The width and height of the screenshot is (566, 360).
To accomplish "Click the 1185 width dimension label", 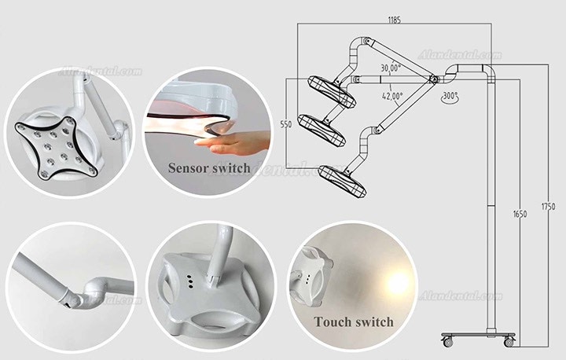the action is [x=394, y=20].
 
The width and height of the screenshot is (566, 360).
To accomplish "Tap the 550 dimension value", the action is [x=286, y=124].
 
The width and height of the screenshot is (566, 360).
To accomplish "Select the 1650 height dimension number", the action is [x=520, y=214].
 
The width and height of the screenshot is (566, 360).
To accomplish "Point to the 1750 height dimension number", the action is [x=549, y=207].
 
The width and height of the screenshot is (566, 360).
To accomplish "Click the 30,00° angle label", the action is [x=391, y=68].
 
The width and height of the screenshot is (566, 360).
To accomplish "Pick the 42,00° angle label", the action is [x=392, y=96].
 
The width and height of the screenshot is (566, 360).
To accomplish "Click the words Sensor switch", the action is [x=209, y=168].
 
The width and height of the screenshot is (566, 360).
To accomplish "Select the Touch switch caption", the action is [x=354, y=321].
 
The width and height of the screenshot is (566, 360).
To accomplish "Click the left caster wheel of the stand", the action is [x=447, y=341].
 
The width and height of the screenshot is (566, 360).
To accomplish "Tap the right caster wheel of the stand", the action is [x=509, y=341].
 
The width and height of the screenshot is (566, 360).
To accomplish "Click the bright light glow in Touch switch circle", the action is [x=398, y=282].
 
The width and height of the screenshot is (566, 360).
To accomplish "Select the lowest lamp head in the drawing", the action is [x=342, y=182].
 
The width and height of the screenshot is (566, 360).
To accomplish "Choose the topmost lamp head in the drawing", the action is [x=332, y=92].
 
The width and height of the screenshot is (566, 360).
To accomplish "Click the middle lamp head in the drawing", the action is [x=322, y=130].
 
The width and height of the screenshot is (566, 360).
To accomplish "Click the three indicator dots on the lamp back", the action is [x=189, y=282].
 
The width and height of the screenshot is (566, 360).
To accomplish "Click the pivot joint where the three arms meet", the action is [x=433, y=79].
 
